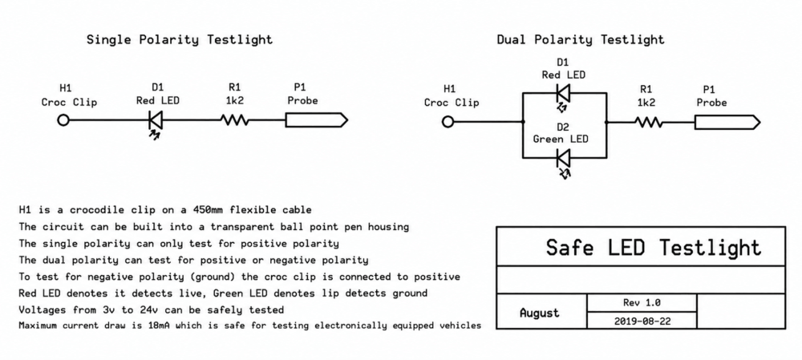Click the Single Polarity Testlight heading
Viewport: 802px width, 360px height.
pos(180,39)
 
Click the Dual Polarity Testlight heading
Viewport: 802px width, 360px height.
pos(581,39)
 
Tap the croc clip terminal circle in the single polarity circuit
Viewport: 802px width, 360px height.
pos(63,120)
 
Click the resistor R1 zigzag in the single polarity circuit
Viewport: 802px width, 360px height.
pos(235,121)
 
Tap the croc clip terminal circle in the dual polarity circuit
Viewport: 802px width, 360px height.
pos(448,122)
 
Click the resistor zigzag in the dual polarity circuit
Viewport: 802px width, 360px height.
pos(649,123)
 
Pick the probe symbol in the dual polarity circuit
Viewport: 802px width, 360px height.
pos(727,123)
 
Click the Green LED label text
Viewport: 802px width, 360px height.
pos(561,139)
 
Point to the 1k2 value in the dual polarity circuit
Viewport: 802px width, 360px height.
pos(646,103)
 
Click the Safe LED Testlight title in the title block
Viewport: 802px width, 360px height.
pos(654,247)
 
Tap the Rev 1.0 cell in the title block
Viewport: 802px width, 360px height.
pos(642,302)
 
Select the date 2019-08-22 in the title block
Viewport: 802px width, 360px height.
pos(642,322)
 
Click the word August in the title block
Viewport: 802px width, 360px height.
pos(540,313)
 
